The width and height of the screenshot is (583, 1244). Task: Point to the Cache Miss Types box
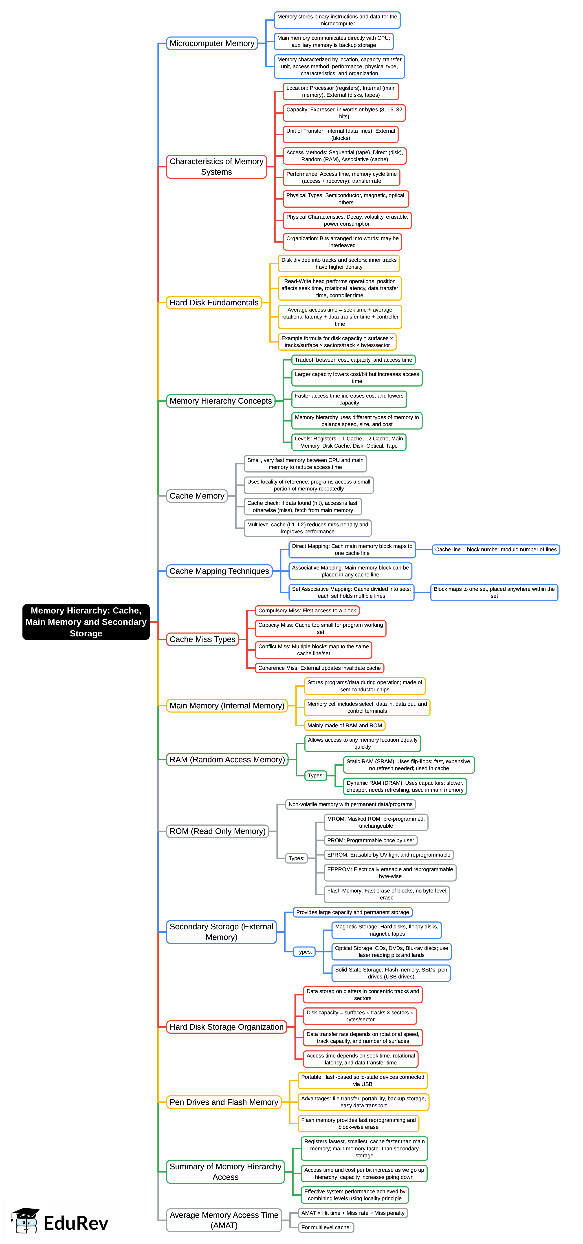202,639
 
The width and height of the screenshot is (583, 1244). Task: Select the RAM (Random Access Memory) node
227,760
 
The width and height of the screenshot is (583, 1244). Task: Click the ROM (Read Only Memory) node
217,831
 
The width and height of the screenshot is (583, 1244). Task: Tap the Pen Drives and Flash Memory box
224,1102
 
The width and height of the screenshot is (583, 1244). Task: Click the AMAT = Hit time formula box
353,1213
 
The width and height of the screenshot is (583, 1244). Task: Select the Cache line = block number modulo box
496,549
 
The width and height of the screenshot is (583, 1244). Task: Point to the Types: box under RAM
316,776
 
